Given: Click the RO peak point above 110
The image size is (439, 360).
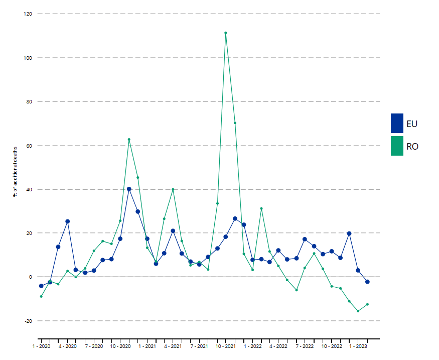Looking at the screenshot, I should pyautogui.click(x=226, y=33).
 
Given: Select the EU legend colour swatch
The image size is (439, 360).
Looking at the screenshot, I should pyautogui.click(x=397, y=124).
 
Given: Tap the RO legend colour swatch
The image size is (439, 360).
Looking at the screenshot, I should pyautogui.click(x=397, y=146).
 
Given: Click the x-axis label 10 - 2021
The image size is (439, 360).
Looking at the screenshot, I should pyautogui.click(x=226, y=346).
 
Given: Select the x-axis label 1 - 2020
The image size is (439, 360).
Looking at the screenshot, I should pyautogui.click(x=41, y=346).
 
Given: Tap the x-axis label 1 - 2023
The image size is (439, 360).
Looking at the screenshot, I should pyautogui.click(x=358, y=346).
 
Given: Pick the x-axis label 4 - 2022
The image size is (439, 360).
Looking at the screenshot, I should pyautogui.click(x=278, y=346).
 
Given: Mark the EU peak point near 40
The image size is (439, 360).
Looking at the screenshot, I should pyautogui.click(x=129, y=189).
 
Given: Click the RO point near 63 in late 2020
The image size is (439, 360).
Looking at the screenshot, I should pyautogui.click(x=129, y=140).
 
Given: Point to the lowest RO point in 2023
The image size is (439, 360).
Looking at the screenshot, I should pyautogui.click(x=358, y=311).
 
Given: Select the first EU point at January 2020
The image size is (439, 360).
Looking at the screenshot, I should pyautogui.click(x=41, y=286).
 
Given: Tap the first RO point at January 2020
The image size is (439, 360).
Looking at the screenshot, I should pyautogui.click(x=41, y=296).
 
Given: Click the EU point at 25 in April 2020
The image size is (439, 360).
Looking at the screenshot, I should pyautogui.click(x=68, y=221).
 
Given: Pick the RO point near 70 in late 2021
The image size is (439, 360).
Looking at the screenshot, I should pyautogui.click(x=235, y=123).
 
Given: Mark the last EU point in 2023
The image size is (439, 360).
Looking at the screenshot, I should pyautogui.click(x=367, y=282).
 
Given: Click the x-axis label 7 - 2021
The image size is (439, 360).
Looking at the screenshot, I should pyautogui.click(x=199, y=346).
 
